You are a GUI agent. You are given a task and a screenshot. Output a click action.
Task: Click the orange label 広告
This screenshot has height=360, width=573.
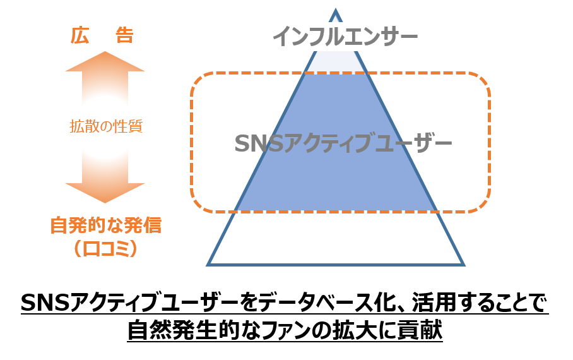[x=102, y=35]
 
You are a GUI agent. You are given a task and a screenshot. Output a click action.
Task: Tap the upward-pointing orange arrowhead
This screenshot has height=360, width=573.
[x=105, y=61]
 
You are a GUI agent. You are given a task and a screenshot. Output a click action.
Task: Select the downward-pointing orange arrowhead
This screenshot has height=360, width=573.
[x=105, y=193]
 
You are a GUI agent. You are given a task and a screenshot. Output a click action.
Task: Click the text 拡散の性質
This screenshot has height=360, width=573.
[x=106, y=126]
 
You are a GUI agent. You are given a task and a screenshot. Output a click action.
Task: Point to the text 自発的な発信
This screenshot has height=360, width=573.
[x=105, y=225]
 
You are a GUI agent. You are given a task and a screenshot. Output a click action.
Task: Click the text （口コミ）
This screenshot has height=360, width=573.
[x=105, y=249]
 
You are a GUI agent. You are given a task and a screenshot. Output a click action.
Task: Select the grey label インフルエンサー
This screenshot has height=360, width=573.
[x=345, y=37]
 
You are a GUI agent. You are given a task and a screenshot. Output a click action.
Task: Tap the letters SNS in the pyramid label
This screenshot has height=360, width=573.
[x=259, y=143]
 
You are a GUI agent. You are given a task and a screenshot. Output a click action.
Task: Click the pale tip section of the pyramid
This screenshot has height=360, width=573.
[x=336, y=62]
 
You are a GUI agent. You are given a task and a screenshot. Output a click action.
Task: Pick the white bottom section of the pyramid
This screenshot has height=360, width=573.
[x=336, y=238]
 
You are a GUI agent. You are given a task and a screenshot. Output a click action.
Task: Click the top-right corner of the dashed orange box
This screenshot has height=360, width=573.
[x=489, y=74]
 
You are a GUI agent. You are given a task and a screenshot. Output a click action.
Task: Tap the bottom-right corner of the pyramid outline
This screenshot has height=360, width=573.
[x=464, y=265]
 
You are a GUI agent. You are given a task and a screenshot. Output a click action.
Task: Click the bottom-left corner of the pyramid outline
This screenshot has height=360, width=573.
[x=207, y=265]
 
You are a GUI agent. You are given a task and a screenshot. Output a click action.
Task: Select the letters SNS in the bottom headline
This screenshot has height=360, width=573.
[x=45, y=303]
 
